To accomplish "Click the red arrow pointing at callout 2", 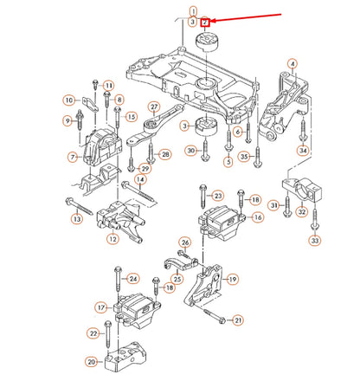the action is [x=245, y=17].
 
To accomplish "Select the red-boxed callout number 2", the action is [x=205, y=22].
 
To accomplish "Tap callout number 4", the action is [x=292, y=64].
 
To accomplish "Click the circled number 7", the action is [x=73, y=158].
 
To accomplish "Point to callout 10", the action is [x=69, y=100].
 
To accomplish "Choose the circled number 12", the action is [x=112, y=239].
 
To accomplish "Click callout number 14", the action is [x=140, y=179].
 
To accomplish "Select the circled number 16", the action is [x=258, y=217].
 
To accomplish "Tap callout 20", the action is [x=92, y=362].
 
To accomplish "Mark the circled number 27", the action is [x=154, y=107].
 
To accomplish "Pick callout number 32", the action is [x=302, y=212].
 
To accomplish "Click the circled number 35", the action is [x=244, y=157].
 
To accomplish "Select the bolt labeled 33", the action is [x=315, y=220].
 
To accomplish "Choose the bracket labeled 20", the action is [x=125, y=357].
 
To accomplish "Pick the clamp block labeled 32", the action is [x=302, y=190].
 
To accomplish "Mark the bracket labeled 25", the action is [x=180, y=263].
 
